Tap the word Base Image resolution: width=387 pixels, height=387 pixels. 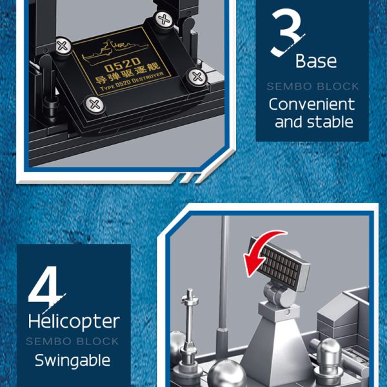pos(316,61)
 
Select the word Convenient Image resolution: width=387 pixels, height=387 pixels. pos(312,104)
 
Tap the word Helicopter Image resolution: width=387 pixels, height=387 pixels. pos(74,322)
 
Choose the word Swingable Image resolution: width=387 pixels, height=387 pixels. pos(72,361)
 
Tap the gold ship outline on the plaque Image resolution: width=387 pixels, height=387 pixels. pos(115,50)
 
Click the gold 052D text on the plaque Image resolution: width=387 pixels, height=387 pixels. pos(123,64)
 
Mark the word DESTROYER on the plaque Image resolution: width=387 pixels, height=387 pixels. pos(147,79)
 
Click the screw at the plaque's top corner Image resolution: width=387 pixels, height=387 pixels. pos(163,19)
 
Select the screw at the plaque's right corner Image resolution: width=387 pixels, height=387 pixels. pos(197,77)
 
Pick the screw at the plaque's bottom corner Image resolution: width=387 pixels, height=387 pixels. pos(95,104)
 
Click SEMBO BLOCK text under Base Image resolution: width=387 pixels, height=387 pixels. pos(313,86)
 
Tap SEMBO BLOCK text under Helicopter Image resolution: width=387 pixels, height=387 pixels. pos(72,342)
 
